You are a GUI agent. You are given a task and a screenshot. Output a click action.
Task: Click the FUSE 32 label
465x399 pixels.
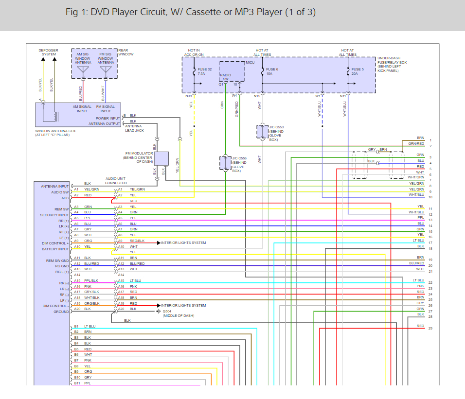click(x=205, y=69)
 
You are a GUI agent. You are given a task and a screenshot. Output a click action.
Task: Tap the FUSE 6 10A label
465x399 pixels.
click(x=272, y=71)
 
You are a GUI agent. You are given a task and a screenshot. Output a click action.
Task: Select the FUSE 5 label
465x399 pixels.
click(x=358, y=69)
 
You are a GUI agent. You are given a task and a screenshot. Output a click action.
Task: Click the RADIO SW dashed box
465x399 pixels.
click(x=232, y=71)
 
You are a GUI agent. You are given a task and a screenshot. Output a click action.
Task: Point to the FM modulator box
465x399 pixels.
click(x=161, y=158)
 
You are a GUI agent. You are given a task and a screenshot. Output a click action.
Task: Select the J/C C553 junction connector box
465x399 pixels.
click(x=263, y=132)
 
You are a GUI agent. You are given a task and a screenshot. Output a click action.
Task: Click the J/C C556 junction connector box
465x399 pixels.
click(x=225, y=163)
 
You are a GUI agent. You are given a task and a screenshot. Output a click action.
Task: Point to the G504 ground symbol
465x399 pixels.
click(x=159, y=312)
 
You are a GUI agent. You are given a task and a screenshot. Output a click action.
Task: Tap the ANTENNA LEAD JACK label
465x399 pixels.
click(x=134, y=128)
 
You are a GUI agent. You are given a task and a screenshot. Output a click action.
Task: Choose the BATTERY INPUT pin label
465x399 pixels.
click(x=55, y=249)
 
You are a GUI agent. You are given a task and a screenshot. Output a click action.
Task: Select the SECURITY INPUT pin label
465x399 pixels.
click(x=54, y=215)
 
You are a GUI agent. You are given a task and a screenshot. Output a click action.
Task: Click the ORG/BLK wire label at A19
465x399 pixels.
click(x=92, y=303)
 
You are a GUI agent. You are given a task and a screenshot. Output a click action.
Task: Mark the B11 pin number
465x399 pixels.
click(x=77, y=383)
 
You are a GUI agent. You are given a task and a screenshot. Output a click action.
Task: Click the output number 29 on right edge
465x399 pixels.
click(x=430, y=328)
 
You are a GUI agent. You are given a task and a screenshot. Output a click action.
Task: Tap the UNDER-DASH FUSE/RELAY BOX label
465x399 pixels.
click(x=392, y=64)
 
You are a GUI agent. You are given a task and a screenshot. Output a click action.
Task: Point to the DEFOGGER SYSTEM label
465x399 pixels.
click(x=48, y=52)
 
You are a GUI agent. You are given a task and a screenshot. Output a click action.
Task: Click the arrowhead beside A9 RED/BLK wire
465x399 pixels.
click(x=159, y=243)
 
